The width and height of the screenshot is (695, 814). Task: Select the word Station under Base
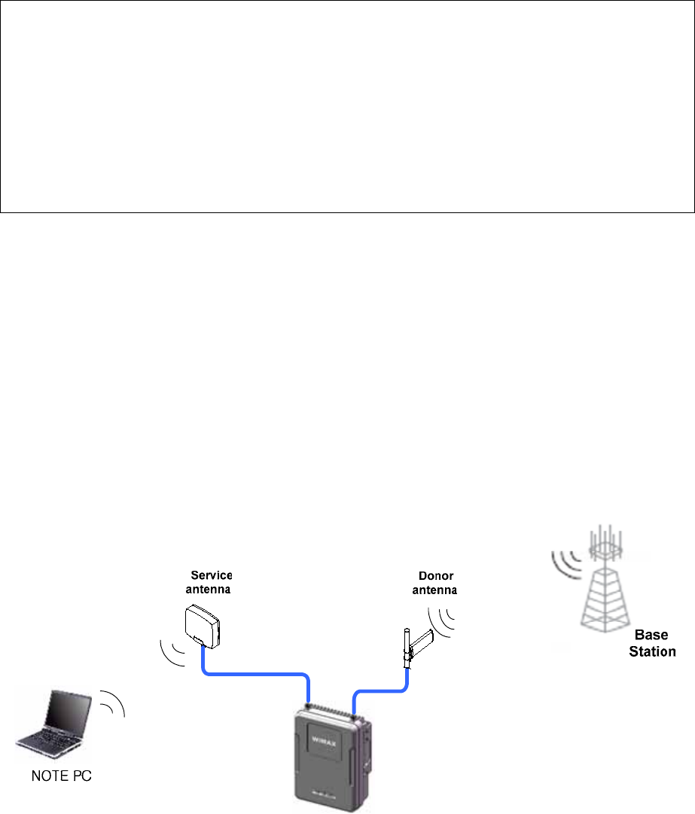[x=652, y=651]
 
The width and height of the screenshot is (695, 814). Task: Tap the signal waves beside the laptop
[x=113, y=702]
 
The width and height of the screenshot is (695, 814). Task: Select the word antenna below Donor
[x=434, y=590]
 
